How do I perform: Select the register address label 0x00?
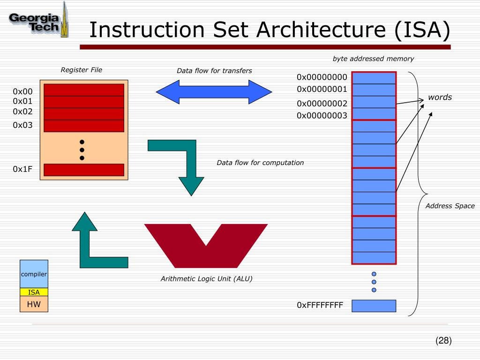pyautogui.click(x=22, y=91)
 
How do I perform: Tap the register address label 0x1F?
pyautogui.click(x=22, y=169)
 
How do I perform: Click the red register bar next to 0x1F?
pyautogui.click(x=84, y=170)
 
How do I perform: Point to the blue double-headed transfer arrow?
pyautogui.click(x=214, y=91)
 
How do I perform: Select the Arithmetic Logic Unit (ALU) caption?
pyautogui.click(x=206, y=279)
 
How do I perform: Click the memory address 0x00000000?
pyautogui.click(x=322, y=77)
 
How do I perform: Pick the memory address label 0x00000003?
pyautogui.click(x=322, y=116)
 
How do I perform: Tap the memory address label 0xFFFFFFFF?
pyautogui.click(x=320, y=306)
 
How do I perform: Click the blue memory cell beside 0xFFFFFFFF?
pyautogui.click(x=374, y=306)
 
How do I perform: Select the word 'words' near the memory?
pyautogui.click(x=440, y=97)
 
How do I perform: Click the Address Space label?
pyautogui.click(x=450, y=206)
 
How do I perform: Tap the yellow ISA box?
pyautogui.click(x=34, y=292)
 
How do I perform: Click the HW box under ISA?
pyautogui.click(x=34, y=304)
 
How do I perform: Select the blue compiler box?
pyautogui.click(x=34, y=274)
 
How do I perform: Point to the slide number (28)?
pyautogui.click(x=443, y=341)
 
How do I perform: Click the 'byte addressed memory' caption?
pyautogui.click(x=373, y=59)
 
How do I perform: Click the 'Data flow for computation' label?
pyautogui.click(x=260, y=163)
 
